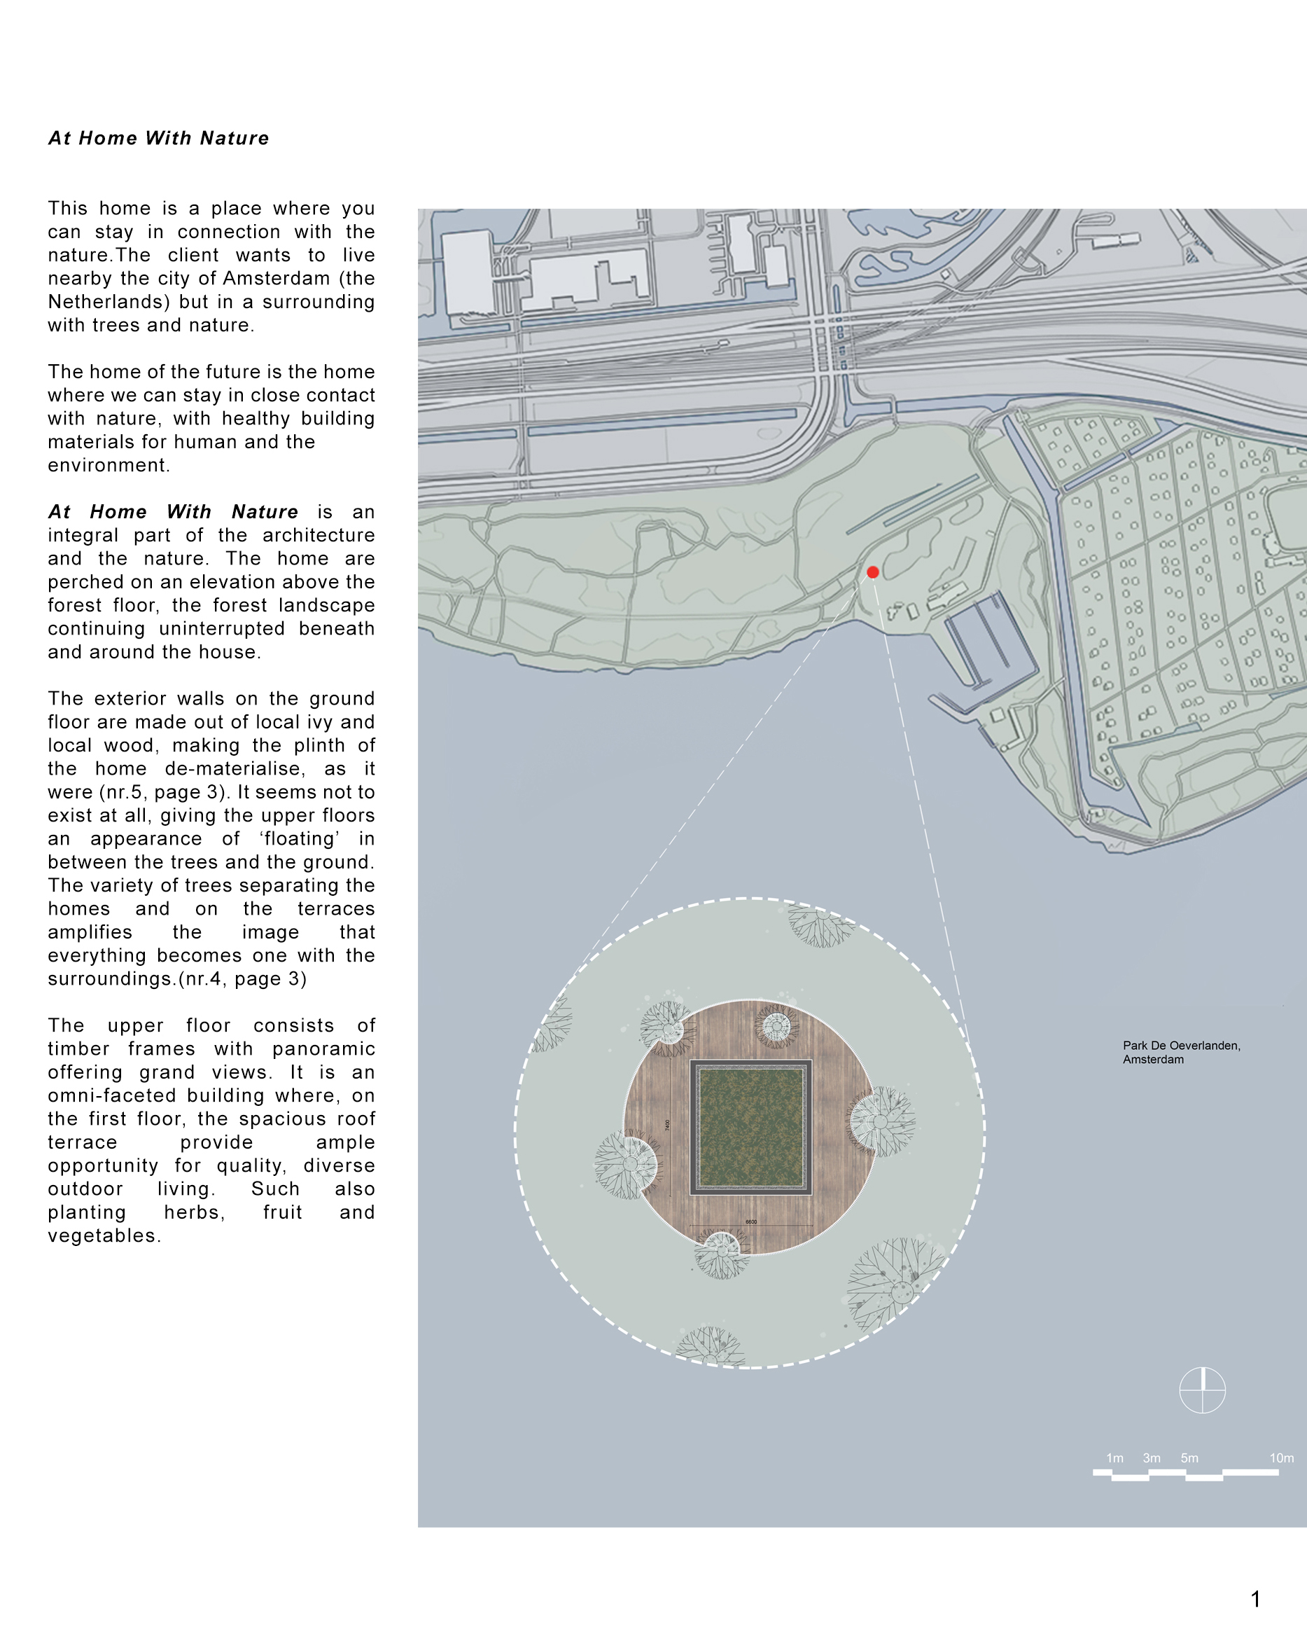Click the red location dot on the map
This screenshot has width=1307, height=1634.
(873, 572)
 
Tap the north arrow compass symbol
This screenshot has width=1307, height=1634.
(1203, 1390)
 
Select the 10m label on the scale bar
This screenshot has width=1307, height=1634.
(1281, 1458)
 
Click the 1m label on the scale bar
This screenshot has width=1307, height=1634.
(1114, 1458)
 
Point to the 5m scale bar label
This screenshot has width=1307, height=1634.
(1189, 1458)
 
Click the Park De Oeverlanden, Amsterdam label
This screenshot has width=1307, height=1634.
(1180, 1052)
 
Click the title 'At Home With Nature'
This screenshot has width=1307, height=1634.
(158, 138)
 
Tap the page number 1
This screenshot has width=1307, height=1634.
(1255, 1598)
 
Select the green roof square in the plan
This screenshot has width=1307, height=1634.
(751, 1127)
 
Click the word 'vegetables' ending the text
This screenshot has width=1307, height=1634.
(102, 1235)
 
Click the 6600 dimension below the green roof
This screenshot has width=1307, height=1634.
(751, 1221)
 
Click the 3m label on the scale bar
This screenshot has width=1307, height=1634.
(1152, 1458)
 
